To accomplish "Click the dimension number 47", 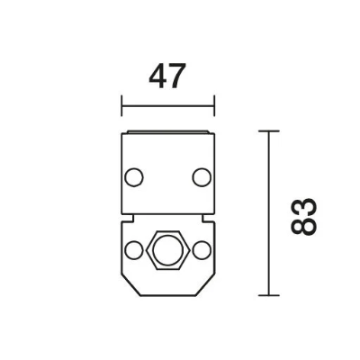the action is tap(166, 76).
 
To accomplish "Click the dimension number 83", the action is tap(304, 216).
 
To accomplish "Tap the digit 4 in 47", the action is tap(157, 76).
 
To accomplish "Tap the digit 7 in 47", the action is tap(175, 76).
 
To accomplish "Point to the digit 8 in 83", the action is tap(304, 226).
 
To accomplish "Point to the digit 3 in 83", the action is tap(304, 207).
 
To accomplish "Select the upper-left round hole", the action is tap(134, 177).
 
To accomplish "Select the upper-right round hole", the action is tap(202, 177).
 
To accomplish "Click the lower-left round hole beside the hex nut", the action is tap(134, 250).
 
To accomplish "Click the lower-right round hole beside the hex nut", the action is tap(202, 250).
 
